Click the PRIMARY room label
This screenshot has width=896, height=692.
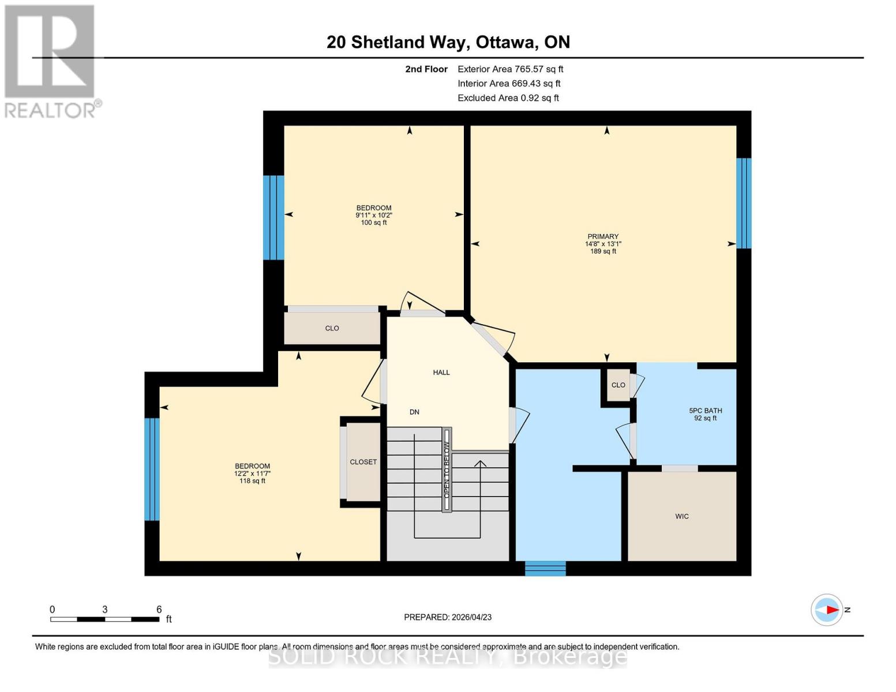[603, 236]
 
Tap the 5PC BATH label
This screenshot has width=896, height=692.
[705, 411]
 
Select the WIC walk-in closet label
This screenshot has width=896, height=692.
[681, 516]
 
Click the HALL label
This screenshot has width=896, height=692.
[441, 373]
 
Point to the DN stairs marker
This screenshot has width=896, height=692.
[414, 412]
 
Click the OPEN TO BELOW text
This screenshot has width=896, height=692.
[447, 469]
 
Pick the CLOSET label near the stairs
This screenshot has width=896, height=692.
[363, 462]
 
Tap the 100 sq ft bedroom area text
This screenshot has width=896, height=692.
[374, 223]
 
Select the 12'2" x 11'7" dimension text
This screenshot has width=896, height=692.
[252, 473]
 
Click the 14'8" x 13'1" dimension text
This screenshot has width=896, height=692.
[603, 244]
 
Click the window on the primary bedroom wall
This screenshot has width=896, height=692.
[744, 203]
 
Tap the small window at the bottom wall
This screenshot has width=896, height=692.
[545, 568]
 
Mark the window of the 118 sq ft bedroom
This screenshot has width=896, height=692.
[152, 469]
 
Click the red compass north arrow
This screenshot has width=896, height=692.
[831, 610]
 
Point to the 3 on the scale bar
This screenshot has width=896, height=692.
[104, 609]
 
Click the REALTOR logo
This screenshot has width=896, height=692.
[51, 61]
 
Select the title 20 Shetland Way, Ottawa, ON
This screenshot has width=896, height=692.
[448, 42]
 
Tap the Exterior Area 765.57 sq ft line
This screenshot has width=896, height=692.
[510, 69]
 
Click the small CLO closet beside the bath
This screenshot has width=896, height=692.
[618, 385]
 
